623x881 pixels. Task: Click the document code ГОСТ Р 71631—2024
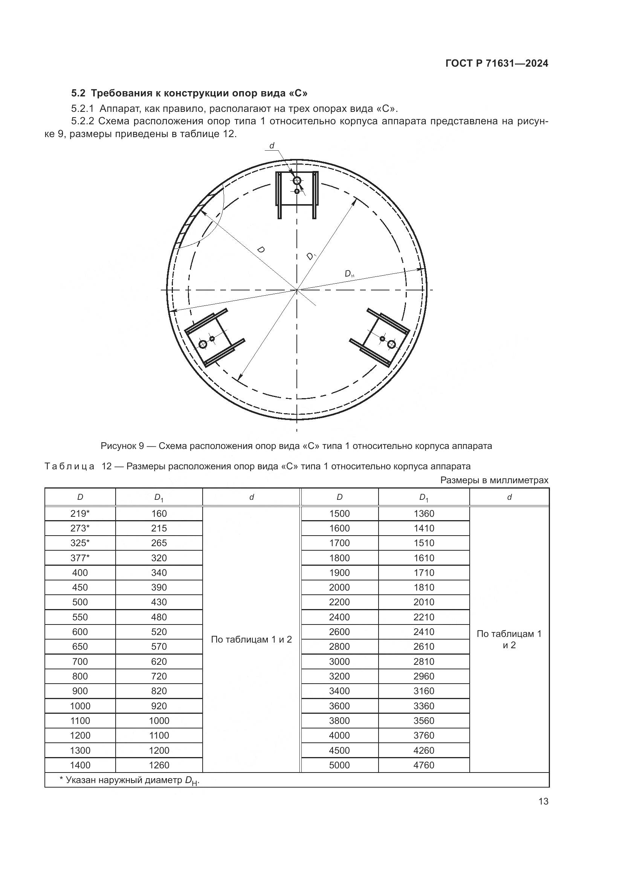pyautogui.click(x=497, y=63)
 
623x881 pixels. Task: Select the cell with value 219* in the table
pyautogui.click(x=80, y=513)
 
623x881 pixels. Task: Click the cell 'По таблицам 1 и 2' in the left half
pyautogui.click(x=251, y=639)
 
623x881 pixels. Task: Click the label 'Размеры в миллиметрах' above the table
pyautogui.click(x=494, y=480)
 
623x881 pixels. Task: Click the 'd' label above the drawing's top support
pyautogui.click(x=272, y=146)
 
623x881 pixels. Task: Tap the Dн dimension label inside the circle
pyautogui.click(x=349, y=273)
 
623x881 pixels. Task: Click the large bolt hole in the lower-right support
pyautogui.click(x=391, y=344)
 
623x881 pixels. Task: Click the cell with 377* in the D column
pyautogui.click(x=80, y=558)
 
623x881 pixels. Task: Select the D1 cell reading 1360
pyautogui.click(x=423, y=513)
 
